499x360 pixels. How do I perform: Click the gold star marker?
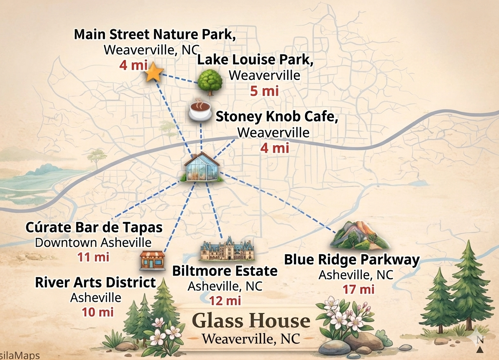point(154,73)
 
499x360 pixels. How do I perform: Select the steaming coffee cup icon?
point(199,109)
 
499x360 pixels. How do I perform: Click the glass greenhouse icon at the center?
point(201,167)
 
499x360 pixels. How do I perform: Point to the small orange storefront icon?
point(152,260)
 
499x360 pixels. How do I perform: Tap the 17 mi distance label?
point(359,289)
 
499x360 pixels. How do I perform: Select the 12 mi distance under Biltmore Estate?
point(225,301)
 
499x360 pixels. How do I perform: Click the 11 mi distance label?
point(93,257)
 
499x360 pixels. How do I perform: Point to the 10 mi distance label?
point(97,312)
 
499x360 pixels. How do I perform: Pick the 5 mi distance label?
point(264,91)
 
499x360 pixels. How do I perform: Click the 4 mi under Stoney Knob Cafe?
point(275,147)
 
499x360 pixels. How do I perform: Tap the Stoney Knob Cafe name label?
point(277,117)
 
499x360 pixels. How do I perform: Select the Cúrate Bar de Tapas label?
point(94,227)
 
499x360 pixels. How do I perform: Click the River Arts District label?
point(95,283)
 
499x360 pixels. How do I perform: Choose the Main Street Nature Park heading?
point(155,35)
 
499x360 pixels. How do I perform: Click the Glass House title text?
point(251,321)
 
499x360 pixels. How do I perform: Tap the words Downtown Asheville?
point(93,242)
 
